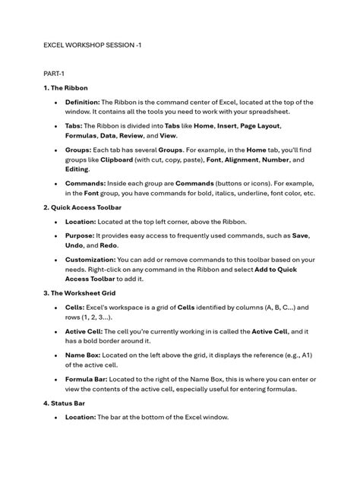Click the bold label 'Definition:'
83,101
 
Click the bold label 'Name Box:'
85,355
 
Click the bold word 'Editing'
77,169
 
